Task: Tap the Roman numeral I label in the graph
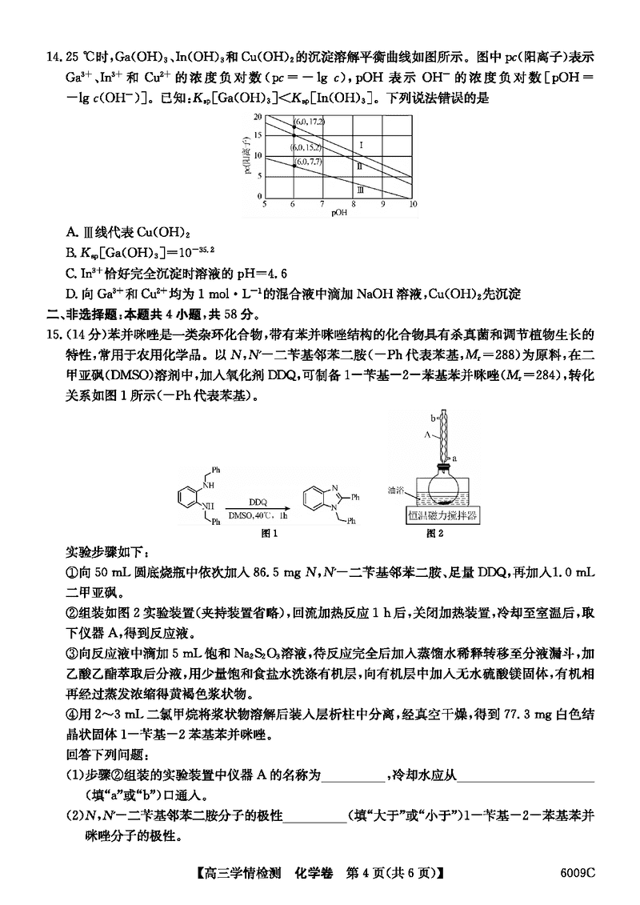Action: (x=362, y=145)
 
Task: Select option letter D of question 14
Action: (x=71, y=294)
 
